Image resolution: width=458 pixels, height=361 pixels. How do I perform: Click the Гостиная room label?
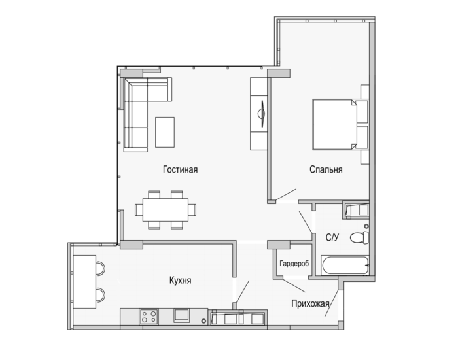tap(180, 169)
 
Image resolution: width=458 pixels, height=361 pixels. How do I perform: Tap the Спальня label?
tap(326, 169)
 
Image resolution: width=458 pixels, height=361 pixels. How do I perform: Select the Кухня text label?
tap(180, 281)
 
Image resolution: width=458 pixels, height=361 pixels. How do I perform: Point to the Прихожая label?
tap(310, 303)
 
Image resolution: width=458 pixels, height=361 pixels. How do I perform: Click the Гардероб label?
tap(294, 264)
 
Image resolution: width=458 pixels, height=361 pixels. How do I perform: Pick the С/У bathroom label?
tap(332, 237)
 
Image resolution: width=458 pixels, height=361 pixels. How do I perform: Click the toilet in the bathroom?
tap(360, 237)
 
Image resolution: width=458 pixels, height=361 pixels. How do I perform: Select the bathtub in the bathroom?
tap(345, 266)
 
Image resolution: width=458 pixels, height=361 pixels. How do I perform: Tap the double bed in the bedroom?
tap(335, 124)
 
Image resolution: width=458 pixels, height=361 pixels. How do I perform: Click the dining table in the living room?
tap(166, 210)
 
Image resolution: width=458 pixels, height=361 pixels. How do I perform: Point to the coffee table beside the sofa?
tap(165, 132)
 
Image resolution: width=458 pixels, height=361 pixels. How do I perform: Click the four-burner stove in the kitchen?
tap(149, 317)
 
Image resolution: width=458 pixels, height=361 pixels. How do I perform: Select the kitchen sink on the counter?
tap(182, 315)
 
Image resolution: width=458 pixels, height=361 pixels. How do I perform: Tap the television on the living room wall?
tap(262, 114)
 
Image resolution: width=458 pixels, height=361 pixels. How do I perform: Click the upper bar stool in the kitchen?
tap(100, 268)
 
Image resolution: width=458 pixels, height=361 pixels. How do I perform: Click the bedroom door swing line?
tap(286, 195)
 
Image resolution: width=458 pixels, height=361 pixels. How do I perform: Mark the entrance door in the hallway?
tap(332, 303)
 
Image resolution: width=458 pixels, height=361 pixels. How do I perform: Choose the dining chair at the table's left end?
tap(139, 210)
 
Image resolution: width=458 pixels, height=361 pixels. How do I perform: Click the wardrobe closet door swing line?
tap(294, 286)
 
